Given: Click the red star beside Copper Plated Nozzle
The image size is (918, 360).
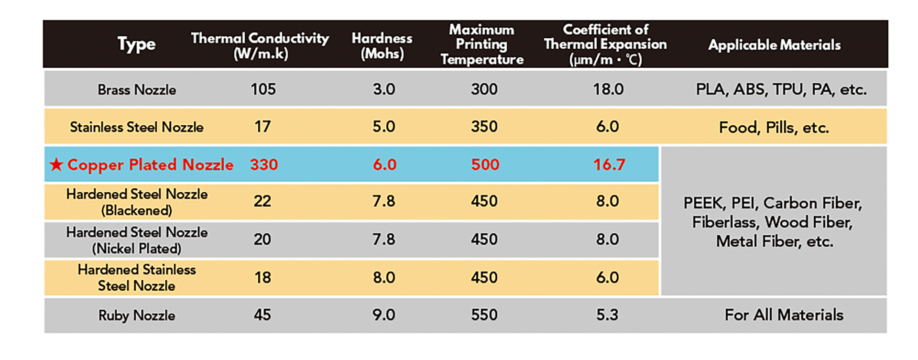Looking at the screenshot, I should pyautogui.click(x=56, y=164).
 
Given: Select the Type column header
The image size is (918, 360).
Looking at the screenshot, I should pyautogui.click(x=137, y=44).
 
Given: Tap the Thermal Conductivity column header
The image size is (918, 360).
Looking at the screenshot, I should pyautogui.click(x=260, y=45).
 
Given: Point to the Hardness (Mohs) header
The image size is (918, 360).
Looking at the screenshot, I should pyautogui.click(x=382, y=45).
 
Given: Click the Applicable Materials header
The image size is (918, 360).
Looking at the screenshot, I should pyautogui.click(x=774, y=45).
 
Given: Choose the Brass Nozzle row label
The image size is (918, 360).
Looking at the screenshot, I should pyautogui.click(x=137, y=89).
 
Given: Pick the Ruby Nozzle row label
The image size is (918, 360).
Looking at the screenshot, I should pyautogui.click(x=137, y=315).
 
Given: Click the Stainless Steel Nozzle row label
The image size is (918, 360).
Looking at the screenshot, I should pyautogui.click(x=137, y=127).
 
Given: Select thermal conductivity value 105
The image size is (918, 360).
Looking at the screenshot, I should pyautogui.click(x=263, y=89).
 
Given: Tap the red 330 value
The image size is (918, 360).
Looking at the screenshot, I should pyautogui.click(x=264, y=164).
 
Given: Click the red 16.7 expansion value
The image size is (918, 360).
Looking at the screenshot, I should pyautogui.click(x=609, y=164).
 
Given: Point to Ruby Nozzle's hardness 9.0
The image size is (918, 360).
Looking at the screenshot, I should pyautogui.click(x=384, y=315).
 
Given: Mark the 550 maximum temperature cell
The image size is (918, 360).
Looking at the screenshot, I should pyautogui.click(x=484, y=315).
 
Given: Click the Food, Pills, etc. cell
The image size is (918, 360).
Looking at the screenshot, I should pyautogui.click(x=774, y=127).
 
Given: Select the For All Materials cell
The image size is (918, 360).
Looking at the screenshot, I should pyautogui.click(x=784, y=315).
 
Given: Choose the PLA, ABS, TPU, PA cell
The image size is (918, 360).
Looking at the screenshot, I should pyautogui.click(x=781, y=89).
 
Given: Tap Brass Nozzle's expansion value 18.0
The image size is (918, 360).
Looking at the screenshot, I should pyautogui.click(x=608, y=89).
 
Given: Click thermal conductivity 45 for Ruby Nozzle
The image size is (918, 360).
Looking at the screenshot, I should pyautogui.click(x=262, y=315).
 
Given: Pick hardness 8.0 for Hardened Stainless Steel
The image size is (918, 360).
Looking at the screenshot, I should pyautogui.click(x=384, y=277).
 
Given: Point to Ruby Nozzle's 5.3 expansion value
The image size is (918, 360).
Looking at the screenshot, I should pyautogui.click(x=607, y=315).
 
